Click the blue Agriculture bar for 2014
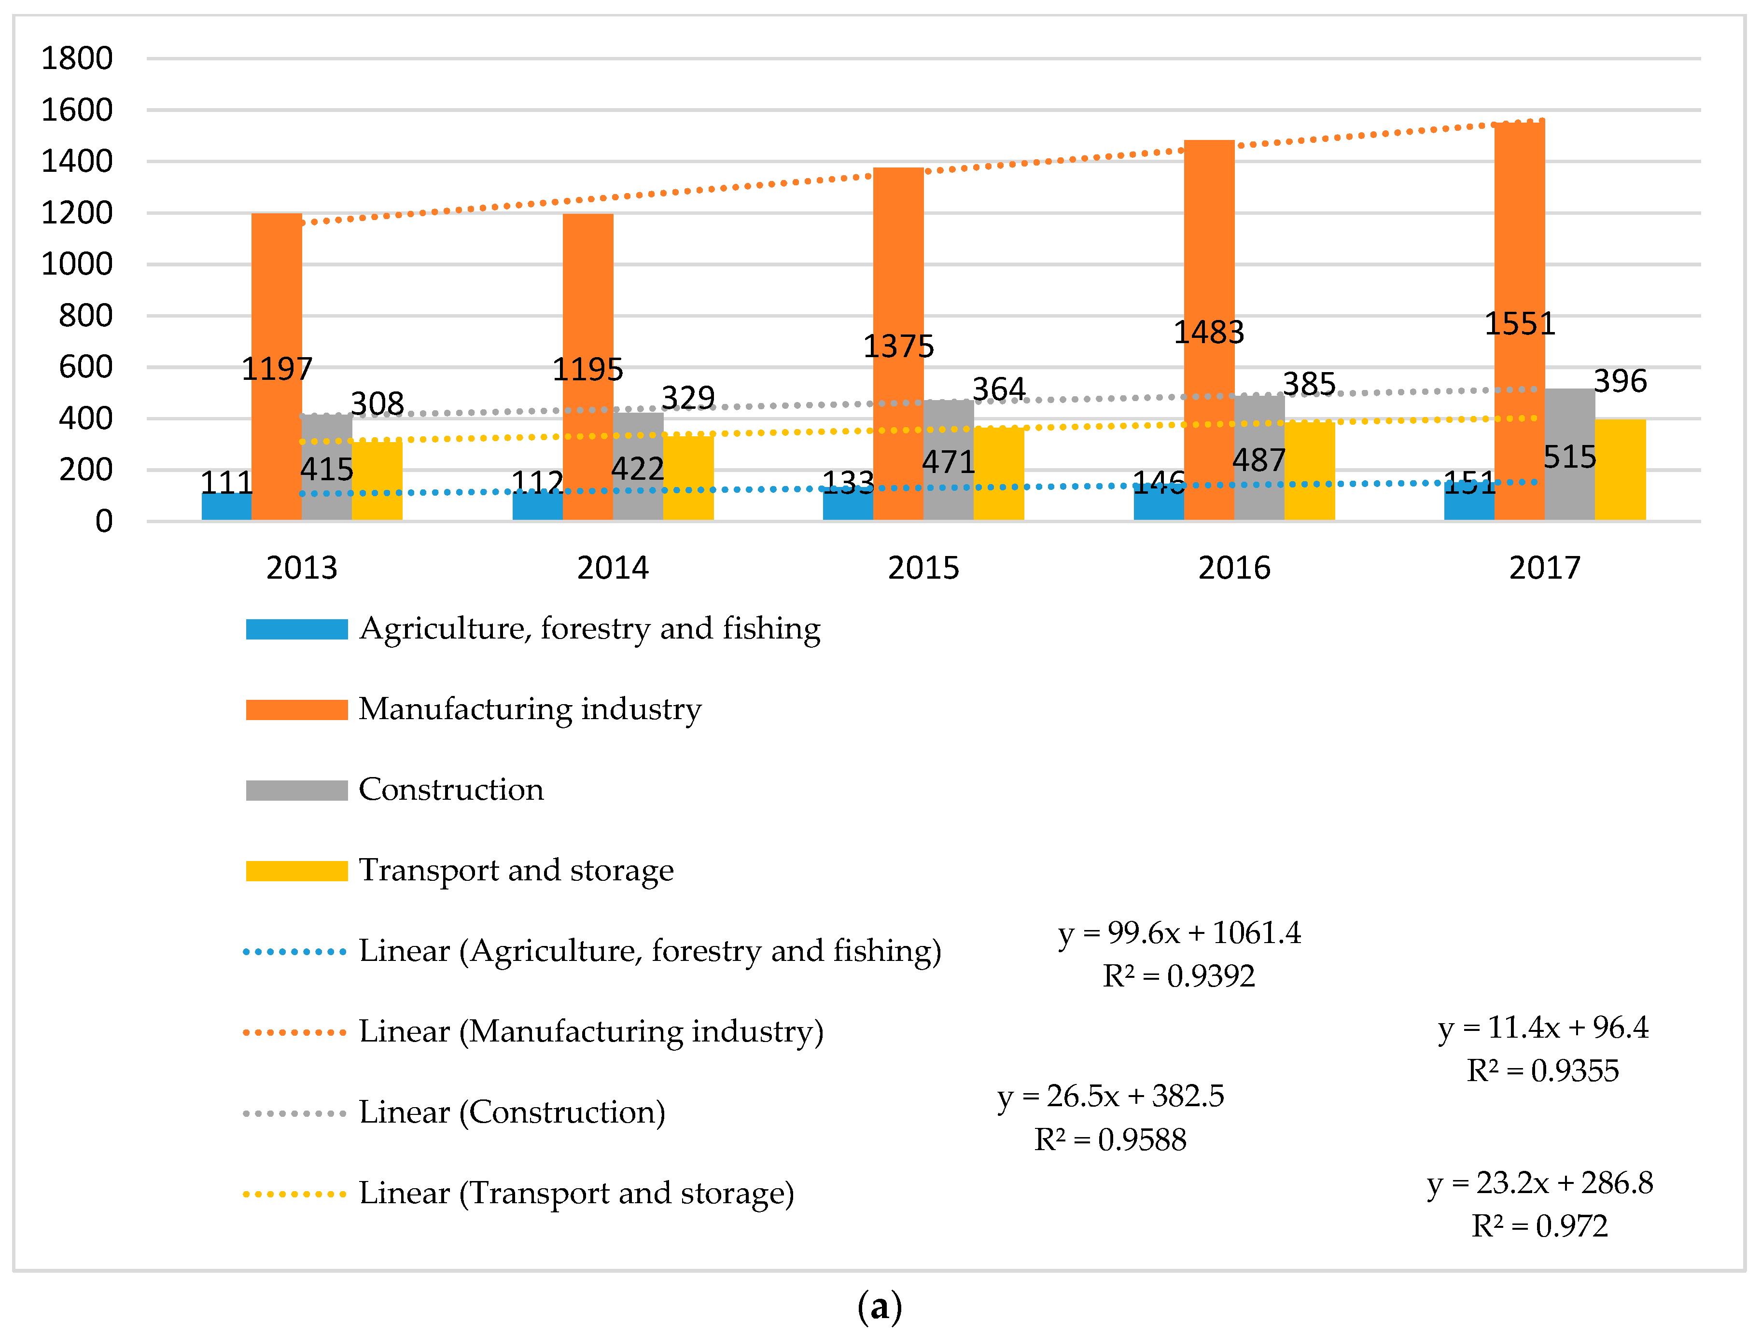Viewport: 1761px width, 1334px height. (537, 506)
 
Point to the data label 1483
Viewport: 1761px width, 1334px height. (1208, 332)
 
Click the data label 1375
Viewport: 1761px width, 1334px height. (898, 346)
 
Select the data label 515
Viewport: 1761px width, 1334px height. (1569, 457)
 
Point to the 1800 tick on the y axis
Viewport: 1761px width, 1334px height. (76, 58)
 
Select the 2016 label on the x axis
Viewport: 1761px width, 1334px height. (1234, 568)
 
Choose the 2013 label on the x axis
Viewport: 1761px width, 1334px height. (302, 568)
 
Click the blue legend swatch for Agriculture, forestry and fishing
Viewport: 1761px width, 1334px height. (297, 629)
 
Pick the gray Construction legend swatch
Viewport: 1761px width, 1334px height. (297, 791)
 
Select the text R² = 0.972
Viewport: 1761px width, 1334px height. (1539, 1226)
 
